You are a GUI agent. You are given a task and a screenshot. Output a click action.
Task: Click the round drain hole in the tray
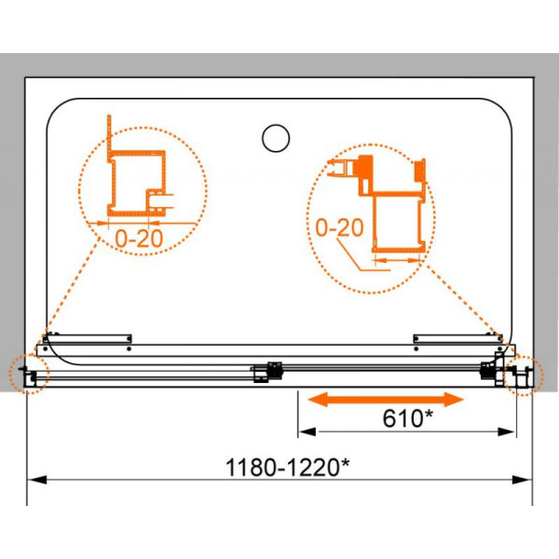276,138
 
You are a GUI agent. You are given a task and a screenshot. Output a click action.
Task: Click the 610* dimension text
404,419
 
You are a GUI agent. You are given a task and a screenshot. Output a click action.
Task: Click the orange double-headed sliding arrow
387,400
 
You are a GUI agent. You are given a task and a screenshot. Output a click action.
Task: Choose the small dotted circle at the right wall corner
525,375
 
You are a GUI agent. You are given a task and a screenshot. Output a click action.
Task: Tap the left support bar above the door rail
91,338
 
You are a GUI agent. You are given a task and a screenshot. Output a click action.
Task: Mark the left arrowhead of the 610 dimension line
307,433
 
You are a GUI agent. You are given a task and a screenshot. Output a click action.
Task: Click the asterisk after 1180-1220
346,461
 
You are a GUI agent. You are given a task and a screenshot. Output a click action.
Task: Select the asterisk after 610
429,415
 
